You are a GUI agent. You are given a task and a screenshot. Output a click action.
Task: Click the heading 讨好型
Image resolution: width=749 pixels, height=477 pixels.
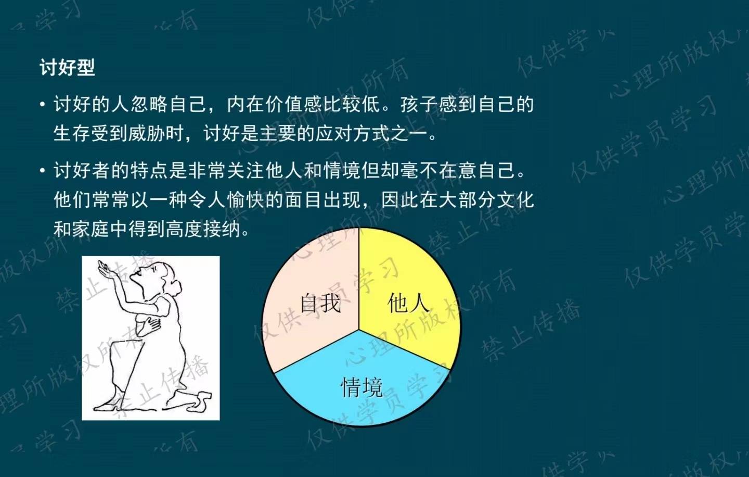pos(67,68)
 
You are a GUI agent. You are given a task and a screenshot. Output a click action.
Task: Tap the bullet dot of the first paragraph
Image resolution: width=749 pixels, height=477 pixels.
pos(43,105)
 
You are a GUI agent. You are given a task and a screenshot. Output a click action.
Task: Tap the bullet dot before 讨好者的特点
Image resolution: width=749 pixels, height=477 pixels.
pos(43,171)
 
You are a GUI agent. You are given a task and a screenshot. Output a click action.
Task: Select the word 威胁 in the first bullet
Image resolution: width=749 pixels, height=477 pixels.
pos(147,134)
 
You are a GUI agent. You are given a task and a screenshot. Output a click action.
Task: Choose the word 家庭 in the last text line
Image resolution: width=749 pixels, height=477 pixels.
pos(91,229)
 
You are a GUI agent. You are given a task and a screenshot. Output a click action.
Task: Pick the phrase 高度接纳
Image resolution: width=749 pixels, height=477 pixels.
pos(203,229)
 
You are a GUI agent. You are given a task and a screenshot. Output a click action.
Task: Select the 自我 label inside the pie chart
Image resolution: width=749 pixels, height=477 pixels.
pos(320,303)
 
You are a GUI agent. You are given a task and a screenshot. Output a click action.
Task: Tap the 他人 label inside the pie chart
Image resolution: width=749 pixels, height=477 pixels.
pos(408,303)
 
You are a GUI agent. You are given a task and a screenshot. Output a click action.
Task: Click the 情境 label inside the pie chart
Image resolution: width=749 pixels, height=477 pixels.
pos(361,387)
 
